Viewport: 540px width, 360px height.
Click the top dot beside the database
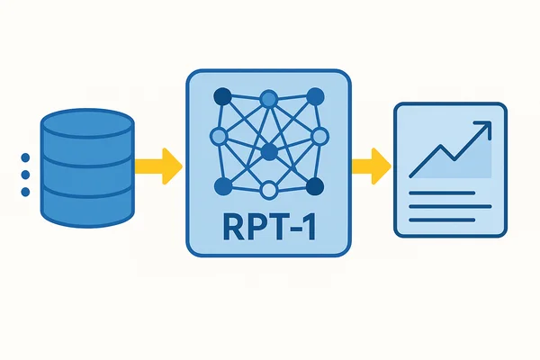click(x=25, y=157)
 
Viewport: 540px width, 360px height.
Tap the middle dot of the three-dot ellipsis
click(x=25, y=175)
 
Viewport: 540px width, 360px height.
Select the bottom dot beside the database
click(x=25, y=192)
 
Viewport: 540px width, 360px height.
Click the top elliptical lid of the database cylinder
click(x=87, y=123)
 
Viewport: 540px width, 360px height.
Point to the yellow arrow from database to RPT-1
click(x=158, y=166)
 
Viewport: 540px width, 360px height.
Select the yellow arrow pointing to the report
click(x=371, y=166)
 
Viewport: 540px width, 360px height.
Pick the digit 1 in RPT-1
click(x=309, y=227)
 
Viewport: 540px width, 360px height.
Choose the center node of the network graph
click(x=269, y=152)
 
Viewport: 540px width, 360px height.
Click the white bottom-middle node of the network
click(x=269, y=190)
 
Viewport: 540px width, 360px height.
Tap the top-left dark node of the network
click(x=223, y=96)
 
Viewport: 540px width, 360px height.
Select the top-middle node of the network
click(x=269, y=99)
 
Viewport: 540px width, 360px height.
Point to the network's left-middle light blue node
click(x=219, y=137)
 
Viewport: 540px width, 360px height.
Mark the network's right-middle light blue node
click(x=319, y=137)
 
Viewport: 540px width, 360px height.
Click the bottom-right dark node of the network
click(x=315, y=186)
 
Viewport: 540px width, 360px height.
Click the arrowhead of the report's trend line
click(x=484, y=128)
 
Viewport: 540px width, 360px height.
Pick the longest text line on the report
click(x=450, y=206)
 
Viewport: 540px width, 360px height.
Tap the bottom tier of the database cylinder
click(x=87, y=209)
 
